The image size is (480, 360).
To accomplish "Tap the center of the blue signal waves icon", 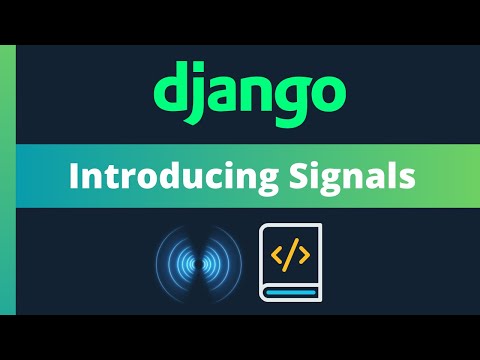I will tap(198, 264).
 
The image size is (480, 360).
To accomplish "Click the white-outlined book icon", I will tap(291, 263).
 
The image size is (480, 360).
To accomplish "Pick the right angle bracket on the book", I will tap(304, 256).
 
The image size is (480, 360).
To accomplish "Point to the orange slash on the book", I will tap(291, 256).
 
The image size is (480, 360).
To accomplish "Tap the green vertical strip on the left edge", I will tap(7, 180).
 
